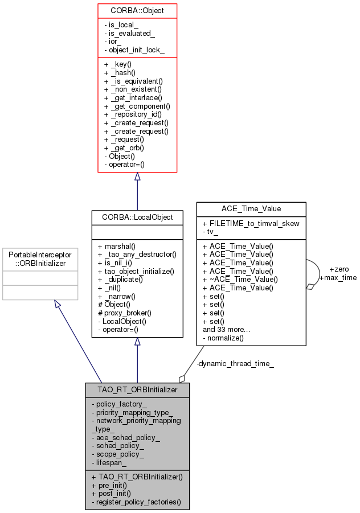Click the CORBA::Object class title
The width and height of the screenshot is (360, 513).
137,11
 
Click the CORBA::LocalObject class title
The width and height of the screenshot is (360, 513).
137,217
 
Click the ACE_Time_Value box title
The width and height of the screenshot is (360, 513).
251,209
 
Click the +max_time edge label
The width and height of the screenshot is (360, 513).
338,277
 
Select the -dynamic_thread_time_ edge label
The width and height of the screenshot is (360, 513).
235,363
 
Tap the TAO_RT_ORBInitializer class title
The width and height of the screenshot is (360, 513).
137,390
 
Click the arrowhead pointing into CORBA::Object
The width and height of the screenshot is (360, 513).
137,177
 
